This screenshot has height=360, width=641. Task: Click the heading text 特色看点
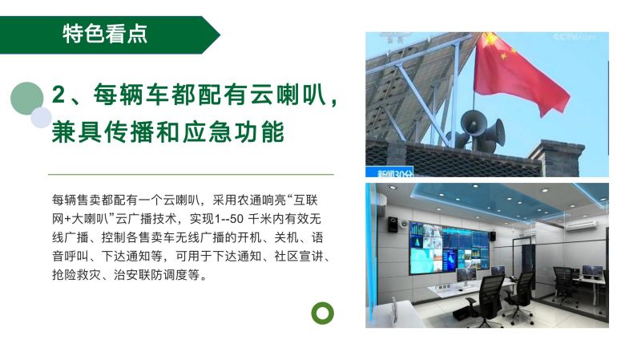click(x=105, y=34)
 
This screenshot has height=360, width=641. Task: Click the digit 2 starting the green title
click(x=58, y=95)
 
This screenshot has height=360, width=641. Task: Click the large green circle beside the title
click(x=27, y=98)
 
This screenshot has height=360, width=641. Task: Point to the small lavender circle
click(x=42, y=118)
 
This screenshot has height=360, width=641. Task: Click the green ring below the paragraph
click(x=323, y=313)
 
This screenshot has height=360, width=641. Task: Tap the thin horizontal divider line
click(x=191, y=174)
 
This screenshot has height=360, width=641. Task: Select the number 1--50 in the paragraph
click(x=229, y=219)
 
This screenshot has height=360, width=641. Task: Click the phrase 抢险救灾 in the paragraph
click(x=76, y=274)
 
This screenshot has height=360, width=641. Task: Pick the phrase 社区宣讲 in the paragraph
click(x=298, y=256)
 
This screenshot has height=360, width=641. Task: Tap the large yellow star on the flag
click(x=490, y=38)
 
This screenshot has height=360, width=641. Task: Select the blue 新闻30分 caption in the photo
click(x=389, y=172)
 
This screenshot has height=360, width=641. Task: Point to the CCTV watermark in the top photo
click(x=574, y=37)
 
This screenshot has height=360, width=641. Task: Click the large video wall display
click(x=449, y=249)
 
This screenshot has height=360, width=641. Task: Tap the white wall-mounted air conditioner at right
click(x=580, y=226)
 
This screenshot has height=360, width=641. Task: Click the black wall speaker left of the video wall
click(x=393, y=224)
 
